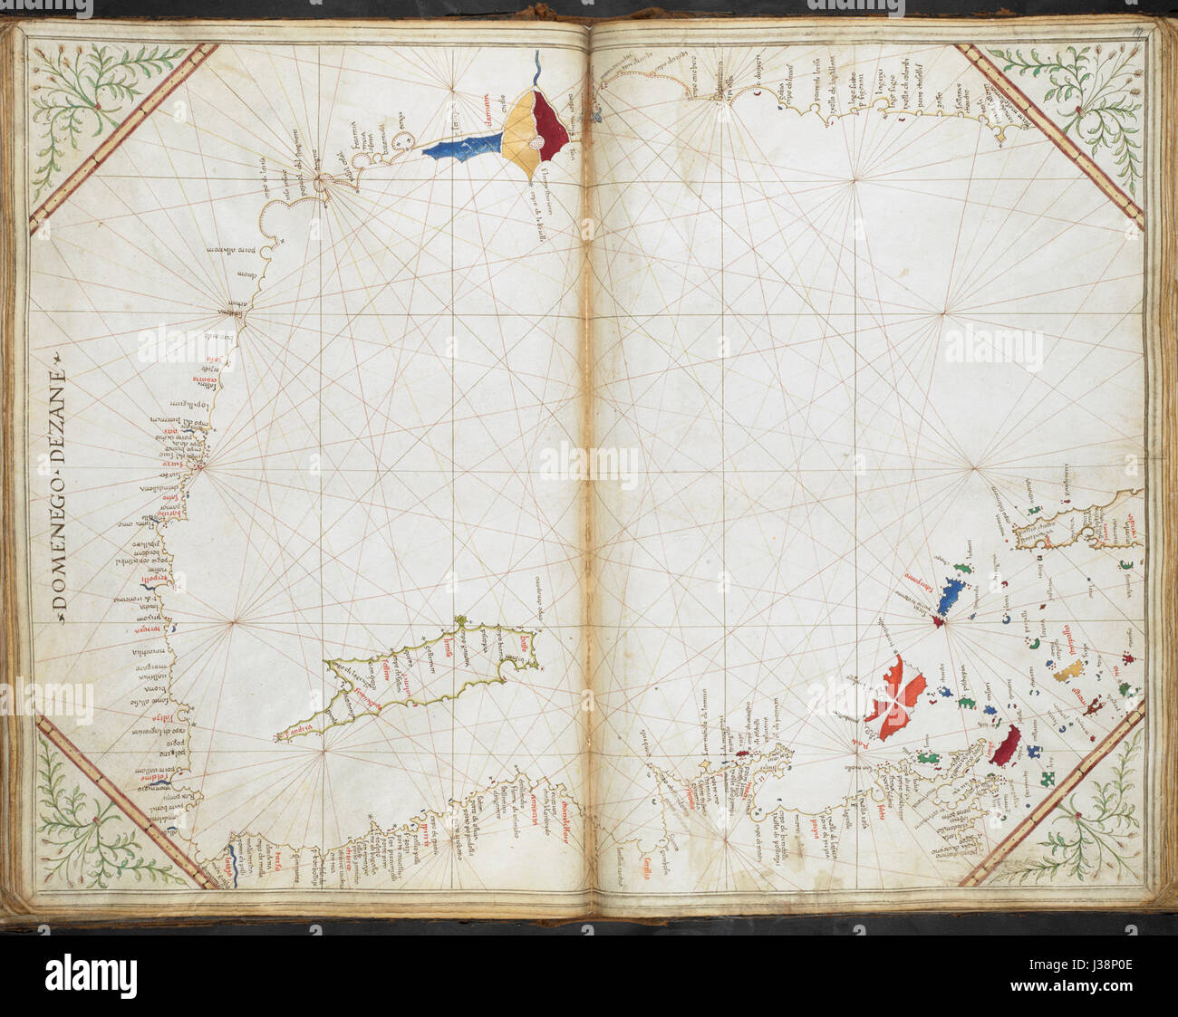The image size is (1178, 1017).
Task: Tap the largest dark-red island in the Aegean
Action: (x=1006, y=744)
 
